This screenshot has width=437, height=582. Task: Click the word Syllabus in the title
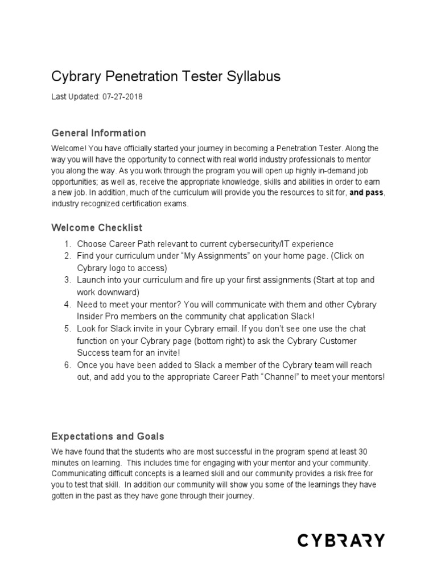[x=253, y=77]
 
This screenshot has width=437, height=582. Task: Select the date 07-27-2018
[x=122, y=97]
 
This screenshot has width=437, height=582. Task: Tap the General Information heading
[x=98, y=133]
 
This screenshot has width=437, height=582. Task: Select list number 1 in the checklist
[x=67, y=244]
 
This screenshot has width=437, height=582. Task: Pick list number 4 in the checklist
[x=67, y=305]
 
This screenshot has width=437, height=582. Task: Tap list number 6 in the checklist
[x=67, y=365]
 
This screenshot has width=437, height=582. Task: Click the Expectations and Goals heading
[x=108, y=436]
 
